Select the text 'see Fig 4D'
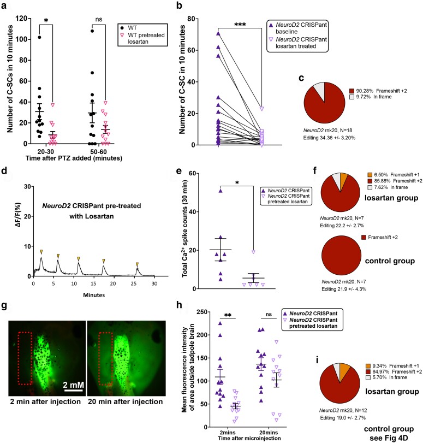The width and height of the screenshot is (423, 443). tap(395, 435)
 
